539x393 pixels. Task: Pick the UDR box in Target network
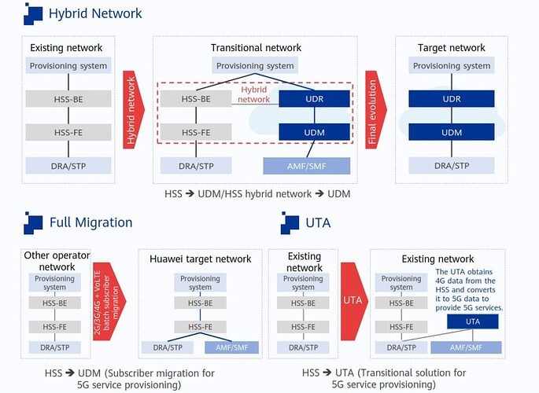[452, 99]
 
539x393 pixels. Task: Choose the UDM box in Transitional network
[315, 132]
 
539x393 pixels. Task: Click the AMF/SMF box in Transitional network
[305, 166]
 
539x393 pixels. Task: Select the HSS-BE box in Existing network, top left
[68, 99]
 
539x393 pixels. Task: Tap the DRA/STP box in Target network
[452, 166]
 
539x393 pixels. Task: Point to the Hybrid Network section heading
[95, 13]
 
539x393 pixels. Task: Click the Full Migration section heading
[90, 222]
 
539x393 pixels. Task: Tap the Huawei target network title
[200, 259]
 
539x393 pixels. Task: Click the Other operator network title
[57, 261]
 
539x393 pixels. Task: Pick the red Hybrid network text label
[254, 94]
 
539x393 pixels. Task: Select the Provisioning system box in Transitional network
[255, 66]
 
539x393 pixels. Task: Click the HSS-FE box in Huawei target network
[200, 326]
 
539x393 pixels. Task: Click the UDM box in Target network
[452, 132]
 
